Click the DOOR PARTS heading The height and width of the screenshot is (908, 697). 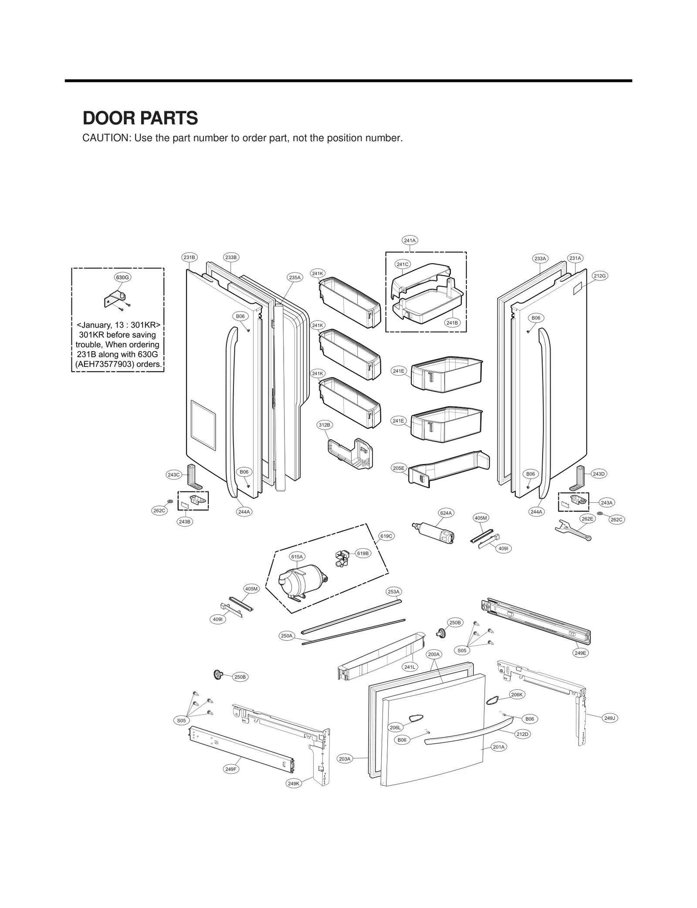tap(140, 118)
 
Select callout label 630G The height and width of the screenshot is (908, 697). tap(122, 277)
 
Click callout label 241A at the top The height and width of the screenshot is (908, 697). tap(410, 240)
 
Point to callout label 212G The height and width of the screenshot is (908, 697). tap(600, 276)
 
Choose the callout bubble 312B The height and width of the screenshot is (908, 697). tap(325, 424)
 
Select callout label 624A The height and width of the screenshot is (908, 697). tap(446, 513)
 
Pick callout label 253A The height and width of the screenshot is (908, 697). tap(394, 592)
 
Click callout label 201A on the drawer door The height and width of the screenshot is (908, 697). tap(499, 747)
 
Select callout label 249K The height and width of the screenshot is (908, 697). tap(294, 784)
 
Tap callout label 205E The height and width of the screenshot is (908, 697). tap(399, 468)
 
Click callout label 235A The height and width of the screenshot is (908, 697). tap(294, 277)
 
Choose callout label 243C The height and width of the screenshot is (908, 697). tap(174, 475)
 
